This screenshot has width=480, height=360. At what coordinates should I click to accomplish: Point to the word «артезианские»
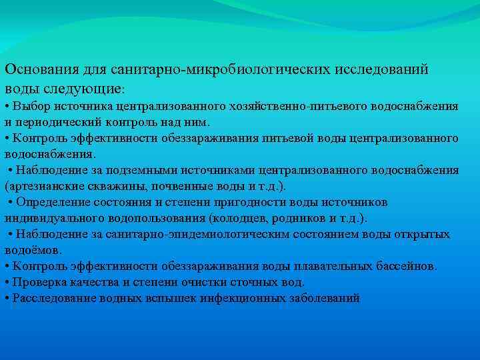[x=39, y=186]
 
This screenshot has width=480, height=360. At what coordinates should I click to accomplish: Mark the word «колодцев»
[x=241, y=218]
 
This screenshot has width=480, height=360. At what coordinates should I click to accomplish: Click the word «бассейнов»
[x=406, y=266]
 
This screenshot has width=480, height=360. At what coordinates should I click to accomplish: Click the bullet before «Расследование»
[x=6, y=298]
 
